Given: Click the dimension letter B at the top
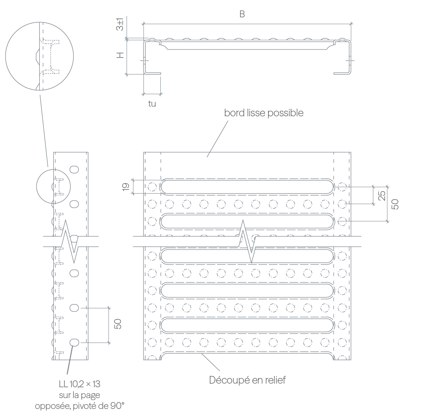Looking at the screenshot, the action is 242,14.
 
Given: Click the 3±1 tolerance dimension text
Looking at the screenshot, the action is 120,24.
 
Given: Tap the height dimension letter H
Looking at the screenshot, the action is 120,55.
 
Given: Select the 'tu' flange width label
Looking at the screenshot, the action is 152,103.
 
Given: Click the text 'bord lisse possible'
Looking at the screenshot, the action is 264,113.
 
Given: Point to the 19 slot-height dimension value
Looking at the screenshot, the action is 125,187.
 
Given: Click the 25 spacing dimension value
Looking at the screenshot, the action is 382,196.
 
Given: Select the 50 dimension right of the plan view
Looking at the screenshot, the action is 395,204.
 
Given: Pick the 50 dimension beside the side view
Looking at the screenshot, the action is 118,324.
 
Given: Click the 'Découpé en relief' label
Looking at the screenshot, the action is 247,380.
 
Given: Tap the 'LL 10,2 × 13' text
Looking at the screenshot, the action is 80,384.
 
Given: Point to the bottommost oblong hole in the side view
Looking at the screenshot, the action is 74,343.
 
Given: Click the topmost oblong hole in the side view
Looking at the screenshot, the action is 74,169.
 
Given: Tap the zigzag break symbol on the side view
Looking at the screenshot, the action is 70,242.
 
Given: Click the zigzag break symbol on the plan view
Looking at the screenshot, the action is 247,242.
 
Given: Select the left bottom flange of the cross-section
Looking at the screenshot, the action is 152,73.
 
